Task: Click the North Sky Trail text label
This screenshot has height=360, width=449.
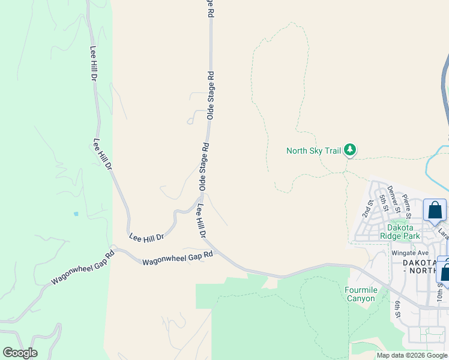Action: click(x=313, y=151)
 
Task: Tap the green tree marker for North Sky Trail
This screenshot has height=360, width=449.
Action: click(x=350, y=150)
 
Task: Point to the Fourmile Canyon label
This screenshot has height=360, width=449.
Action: click(x=360, y=294)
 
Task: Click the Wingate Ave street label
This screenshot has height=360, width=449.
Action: click(x=410, y=253)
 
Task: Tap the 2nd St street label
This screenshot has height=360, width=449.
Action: click(x=367, y=208)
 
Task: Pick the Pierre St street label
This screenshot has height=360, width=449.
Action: click(x=408, y=206)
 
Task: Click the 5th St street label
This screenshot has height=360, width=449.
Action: click(x=382, y=202)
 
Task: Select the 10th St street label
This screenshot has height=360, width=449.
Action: click(x=440, y=292)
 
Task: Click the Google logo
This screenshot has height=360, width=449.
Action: click(x=20, y=353)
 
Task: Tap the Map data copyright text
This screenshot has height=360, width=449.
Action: click(x=412, y=355)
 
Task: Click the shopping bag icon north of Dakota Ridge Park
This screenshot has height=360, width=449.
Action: click(x=435, y=211)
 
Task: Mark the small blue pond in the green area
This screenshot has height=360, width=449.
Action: click(x=75, y=214)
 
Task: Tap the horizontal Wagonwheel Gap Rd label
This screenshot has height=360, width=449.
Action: click(x=178, y=258)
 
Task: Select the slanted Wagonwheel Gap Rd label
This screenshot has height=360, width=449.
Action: click(x=82, y=269)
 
